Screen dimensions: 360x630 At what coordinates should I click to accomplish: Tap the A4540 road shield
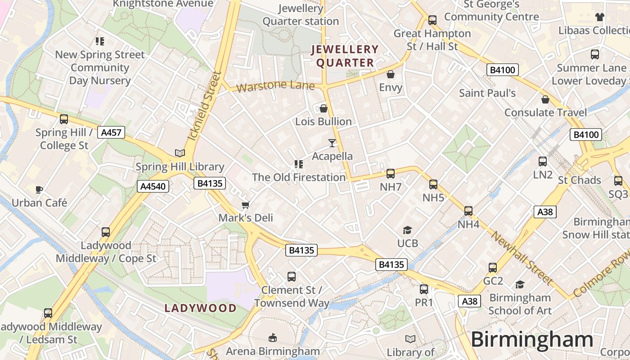click(x=153, y=186)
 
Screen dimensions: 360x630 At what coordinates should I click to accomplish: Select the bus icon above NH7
click(x=391, y=174)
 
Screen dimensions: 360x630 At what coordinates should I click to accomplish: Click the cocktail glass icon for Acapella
click(x=332, y=143)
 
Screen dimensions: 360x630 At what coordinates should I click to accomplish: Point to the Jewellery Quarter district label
click(x=345, y=56)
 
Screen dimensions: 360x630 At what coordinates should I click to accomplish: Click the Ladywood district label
click(x=200, y=308)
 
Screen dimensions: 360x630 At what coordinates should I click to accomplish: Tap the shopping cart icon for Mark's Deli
click(x=245, y=205)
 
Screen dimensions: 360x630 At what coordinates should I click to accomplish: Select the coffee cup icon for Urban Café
click(x=39, y=190)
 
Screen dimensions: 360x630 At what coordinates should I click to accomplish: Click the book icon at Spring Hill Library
click(x=180, y=153)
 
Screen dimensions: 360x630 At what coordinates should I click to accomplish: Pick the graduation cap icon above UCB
click(x=407, y=230)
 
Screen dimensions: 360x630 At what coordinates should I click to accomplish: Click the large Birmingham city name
click(x=532, y=340)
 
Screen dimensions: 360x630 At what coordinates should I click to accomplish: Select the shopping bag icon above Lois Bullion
click(x=323, y=108)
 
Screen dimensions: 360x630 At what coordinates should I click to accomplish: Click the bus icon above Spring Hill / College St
click(x=64, y=119)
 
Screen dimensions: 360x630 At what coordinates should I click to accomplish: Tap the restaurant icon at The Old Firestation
click(x=298, y=164)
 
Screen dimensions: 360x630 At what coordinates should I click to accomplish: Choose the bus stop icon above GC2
click(x=493, y=268)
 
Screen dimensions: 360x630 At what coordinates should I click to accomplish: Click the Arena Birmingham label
click(x=273, y=351)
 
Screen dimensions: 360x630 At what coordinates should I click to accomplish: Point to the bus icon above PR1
click(x=424, y=289)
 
